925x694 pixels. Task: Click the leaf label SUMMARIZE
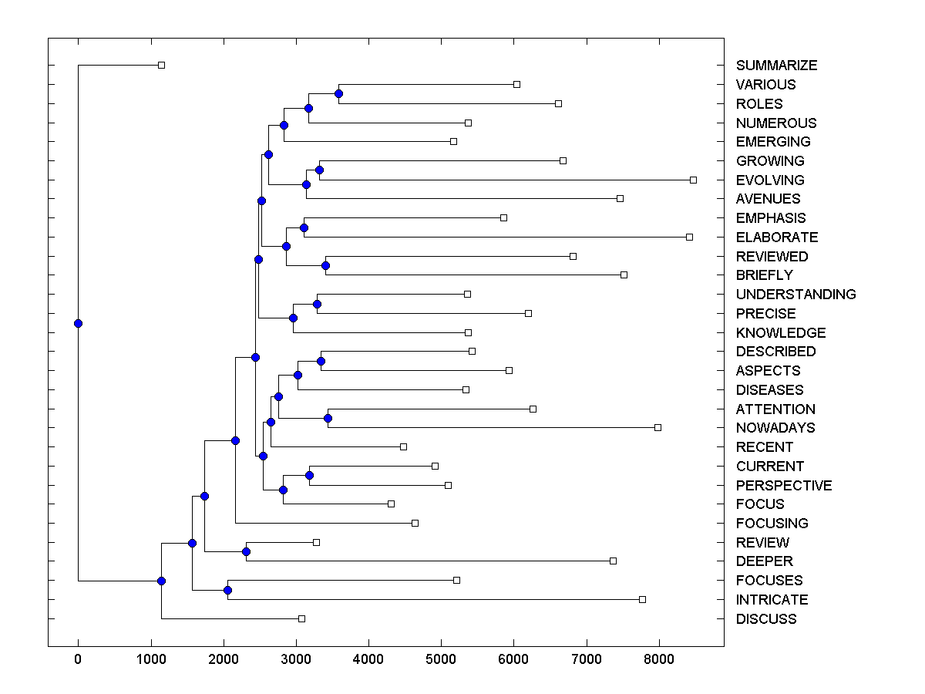tap(776, 66)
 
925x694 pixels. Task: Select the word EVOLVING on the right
tap(769, 180)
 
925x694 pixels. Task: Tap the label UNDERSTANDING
tap(795, 295)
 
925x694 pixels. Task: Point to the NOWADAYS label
tap(775, 428)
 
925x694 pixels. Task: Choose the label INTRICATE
tap(772, 600)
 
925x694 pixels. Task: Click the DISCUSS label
tap(766, 619)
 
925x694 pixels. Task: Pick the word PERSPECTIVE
tap(784, 486)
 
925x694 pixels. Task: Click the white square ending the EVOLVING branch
tap(693, 180)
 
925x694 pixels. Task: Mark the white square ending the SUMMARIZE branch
tap(161, 65)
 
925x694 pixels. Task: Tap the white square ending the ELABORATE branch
tap(689, 237)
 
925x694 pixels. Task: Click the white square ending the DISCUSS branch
tap(301, 618)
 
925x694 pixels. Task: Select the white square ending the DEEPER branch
tap(613, 561)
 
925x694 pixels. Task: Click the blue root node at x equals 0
tap(78, 323)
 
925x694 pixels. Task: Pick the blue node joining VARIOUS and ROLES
tap(338, 93)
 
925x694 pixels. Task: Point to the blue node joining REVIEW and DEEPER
tap(246, 551)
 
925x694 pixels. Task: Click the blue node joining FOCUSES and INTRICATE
tap(227, 590)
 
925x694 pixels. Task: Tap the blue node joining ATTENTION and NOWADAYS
tap(328, 418)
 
